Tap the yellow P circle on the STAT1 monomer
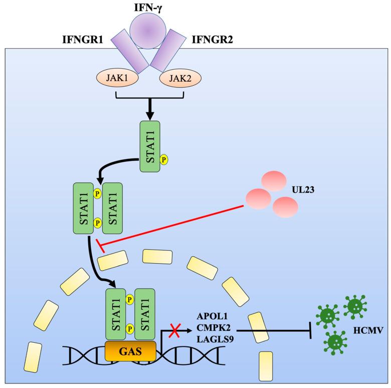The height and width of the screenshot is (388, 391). click(x=163, y=159)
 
